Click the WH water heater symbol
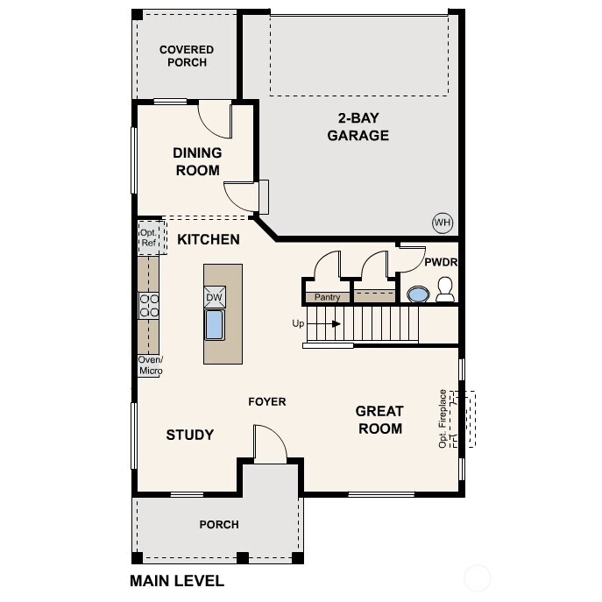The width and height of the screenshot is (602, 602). click(x=442, y=223)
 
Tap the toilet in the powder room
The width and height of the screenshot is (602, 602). click(x=445, y=290)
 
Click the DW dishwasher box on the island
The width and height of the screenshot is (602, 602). click(x=215, y=297)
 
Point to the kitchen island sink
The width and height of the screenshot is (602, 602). click(x=215, y=324)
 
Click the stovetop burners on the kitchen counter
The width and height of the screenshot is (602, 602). click(x=149, y=305)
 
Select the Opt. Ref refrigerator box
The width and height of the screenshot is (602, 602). click(x=149, y=237)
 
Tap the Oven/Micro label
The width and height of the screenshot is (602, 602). click(x=150, y=365)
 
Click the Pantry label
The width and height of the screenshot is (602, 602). click(x=327, y=298)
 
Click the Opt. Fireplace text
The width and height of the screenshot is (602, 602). click(x=443, y=419)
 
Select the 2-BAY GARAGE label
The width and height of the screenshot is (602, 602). click(x=358, y=127)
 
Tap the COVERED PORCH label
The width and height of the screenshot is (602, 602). click(x=186, y=56)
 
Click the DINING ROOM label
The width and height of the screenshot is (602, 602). click(x=197, y=161)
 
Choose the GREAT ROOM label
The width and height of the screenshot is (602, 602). click(x=379, y=420)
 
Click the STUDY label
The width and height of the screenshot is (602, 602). click(x=189, y=435)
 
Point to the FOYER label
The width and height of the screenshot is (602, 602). click(x=266, y=402)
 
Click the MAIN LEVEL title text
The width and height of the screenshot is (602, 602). click(x=177, y=580)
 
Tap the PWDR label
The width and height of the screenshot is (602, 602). click(x=441, y=262)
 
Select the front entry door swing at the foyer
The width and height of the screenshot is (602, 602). click(x=270, y=444)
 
